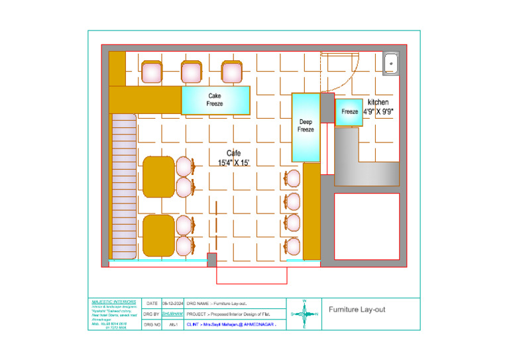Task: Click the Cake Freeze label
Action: pos(215,100)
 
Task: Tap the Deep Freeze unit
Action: pos(306,127)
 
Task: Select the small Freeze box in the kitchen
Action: pos(349,112)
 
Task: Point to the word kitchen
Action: pos(378,102)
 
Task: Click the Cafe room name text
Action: pos(233,153)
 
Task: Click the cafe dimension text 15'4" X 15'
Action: pos(233,162)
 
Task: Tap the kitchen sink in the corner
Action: pos(391,63)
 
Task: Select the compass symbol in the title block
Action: pos(304,314)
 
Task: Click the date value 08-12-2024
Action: pos(172,303)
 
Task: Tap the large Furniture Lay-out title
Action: pos(357,310)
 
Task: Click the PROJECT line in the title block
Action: pos(229,314)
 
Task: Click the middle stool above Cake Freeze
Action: pos(192,72)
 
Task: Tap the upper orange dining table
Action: pos(158,177)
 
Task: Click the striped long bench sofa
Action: pos(123,186)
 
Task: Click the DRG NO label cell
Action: pos(151,325)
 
